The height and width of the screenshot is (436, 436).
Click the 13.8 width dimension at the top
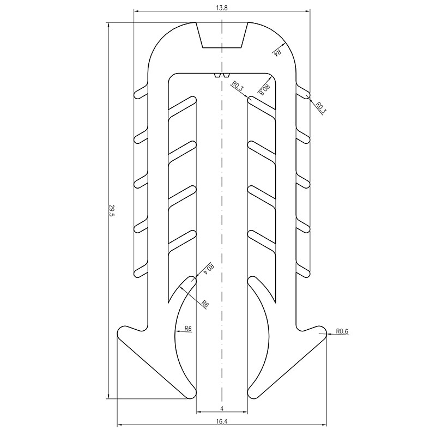tap(222, 6)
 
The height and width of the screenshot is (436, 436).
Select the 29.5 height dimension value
tap(112, 210)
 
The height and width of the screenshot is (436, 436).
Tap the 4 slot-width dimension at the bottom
tap(222, 408)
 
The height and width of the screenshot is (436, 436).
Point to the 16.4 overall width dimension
tap(222, 420)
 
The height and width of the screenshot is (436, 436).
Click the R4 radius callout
tap(277, 52)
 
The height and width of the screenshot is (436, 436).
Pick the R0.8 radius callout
tap(264, 89)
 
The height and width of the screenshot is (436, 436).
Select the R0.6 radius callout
tap(342, 331)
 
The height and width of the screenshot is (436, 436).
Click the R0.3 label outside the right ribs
tap(320, 107)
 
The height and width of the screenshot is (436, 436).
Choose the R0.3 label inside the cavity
tap(238, 86)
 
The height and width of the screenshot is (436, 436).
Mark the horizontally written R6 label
tap(187, 329)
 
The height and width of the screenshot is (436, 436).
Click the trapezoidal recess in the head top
tap(222, 35)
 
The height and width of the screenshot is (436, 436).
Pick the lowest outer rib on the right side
tap(303, 269)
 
